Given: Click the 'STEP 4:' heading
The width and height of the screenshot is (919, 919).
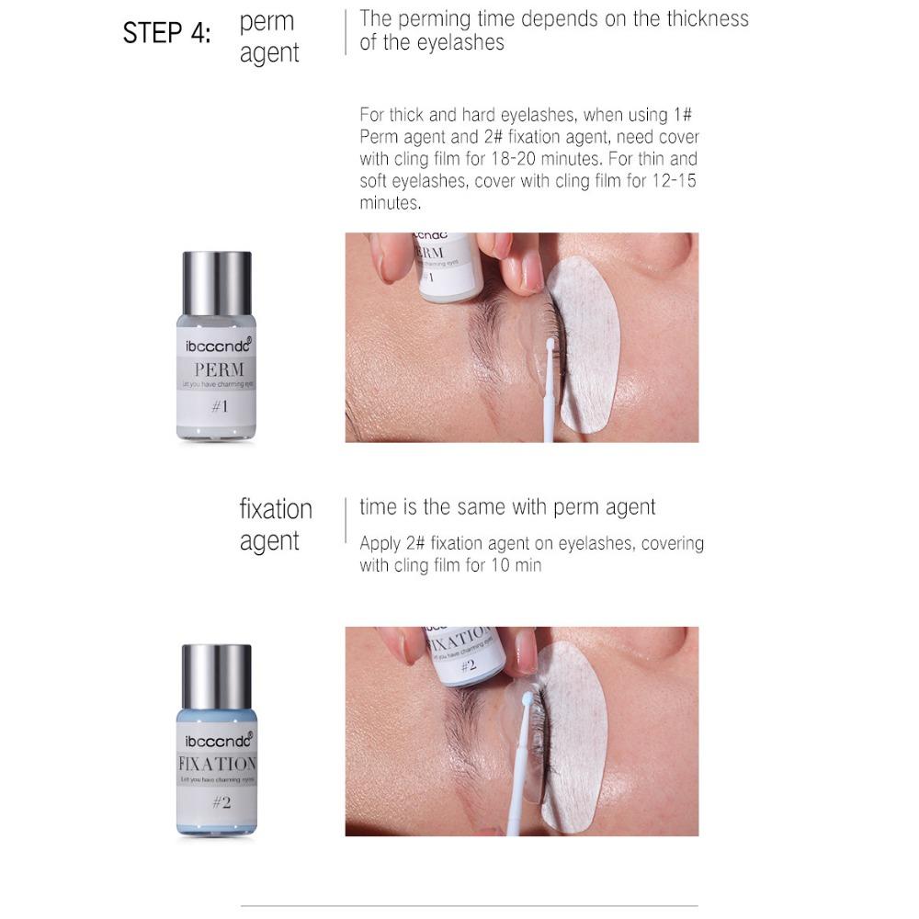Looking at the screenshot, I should pos(166,33).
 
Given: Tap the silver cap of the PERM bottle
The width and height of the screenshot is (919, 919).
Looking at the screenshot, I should pos(216,282).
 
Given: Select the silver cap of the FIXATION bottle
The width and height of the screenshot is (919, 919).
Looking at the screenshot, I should pos(216,675).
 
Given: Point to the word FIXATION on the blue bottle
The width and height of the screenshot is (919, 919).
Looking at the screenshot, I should pos(216,763).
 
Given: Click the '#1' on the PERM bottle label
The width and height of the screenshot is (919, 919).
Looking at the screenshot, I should pos(219,405).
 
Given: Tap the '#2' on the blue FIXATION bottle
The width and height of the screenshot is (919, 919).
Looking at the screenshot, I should pos(221,802).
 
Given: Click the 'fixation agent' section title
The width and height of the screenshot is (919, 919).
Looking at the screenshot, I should pos(276,525).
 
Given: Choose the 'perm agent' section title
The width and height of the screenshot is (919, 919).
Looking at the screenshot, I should pos(269,37).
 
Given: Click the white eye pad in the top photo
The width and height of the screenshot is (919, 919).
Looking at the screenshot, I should pos(585,340).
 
